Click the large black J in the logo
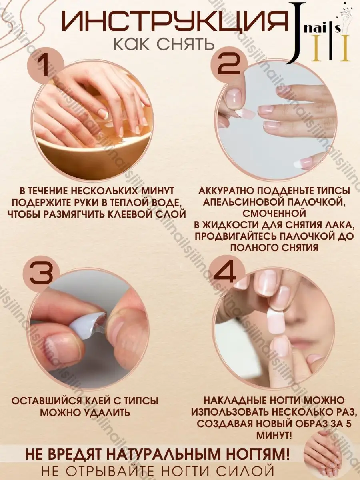click(x=300, y=33)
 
